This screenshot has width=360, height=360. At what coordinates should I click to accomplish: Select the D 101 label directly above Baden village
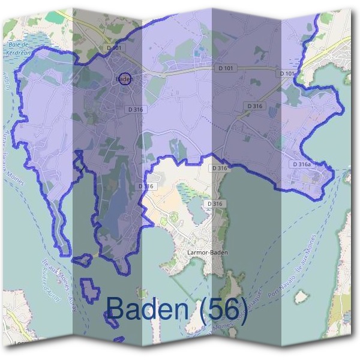point(114,47)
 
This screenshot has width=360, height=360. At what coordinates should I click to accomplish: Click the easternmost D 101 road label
point(287,73)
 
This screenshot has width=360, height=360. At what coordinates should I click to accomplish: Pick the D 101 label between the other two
point(226,68)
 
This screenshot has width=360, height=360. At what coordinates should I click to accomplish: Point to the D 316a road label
point(302,164)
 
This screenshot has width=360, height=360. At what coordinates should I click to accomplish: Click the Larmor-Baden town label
point(208,253)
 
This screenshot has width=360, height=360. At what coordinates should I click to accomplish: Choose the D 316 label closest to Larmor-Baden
point(215,204)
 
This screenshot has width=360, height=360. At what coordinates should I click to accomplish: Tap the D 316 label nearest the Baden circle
point(136,109)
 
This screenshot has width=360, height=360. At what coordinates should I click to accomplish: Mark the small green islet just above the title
point(142,293)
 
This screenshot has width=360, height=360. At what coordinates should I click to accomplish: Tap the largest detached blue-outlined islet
point(91,289)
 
